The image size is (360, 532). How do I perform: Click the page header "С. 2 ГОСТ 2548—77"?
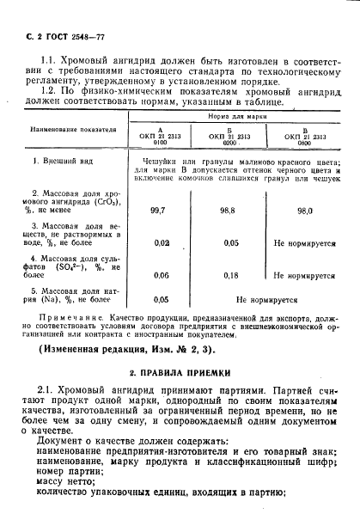[x=54, y=31]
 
